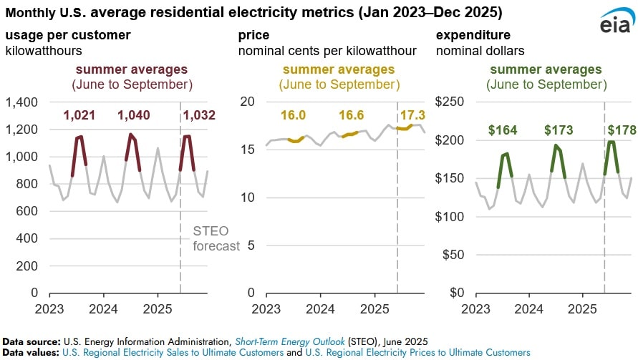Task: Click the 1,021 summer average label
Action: (84, 116)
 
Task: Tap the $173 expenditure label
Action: (559, 130)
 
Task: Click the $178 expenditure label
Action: (620, 130)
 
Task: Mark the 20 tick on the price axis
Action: (247, 102)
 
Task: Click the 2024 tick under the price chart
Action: (320, 308)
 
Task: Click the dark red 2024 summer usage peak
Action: (130, 135)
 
